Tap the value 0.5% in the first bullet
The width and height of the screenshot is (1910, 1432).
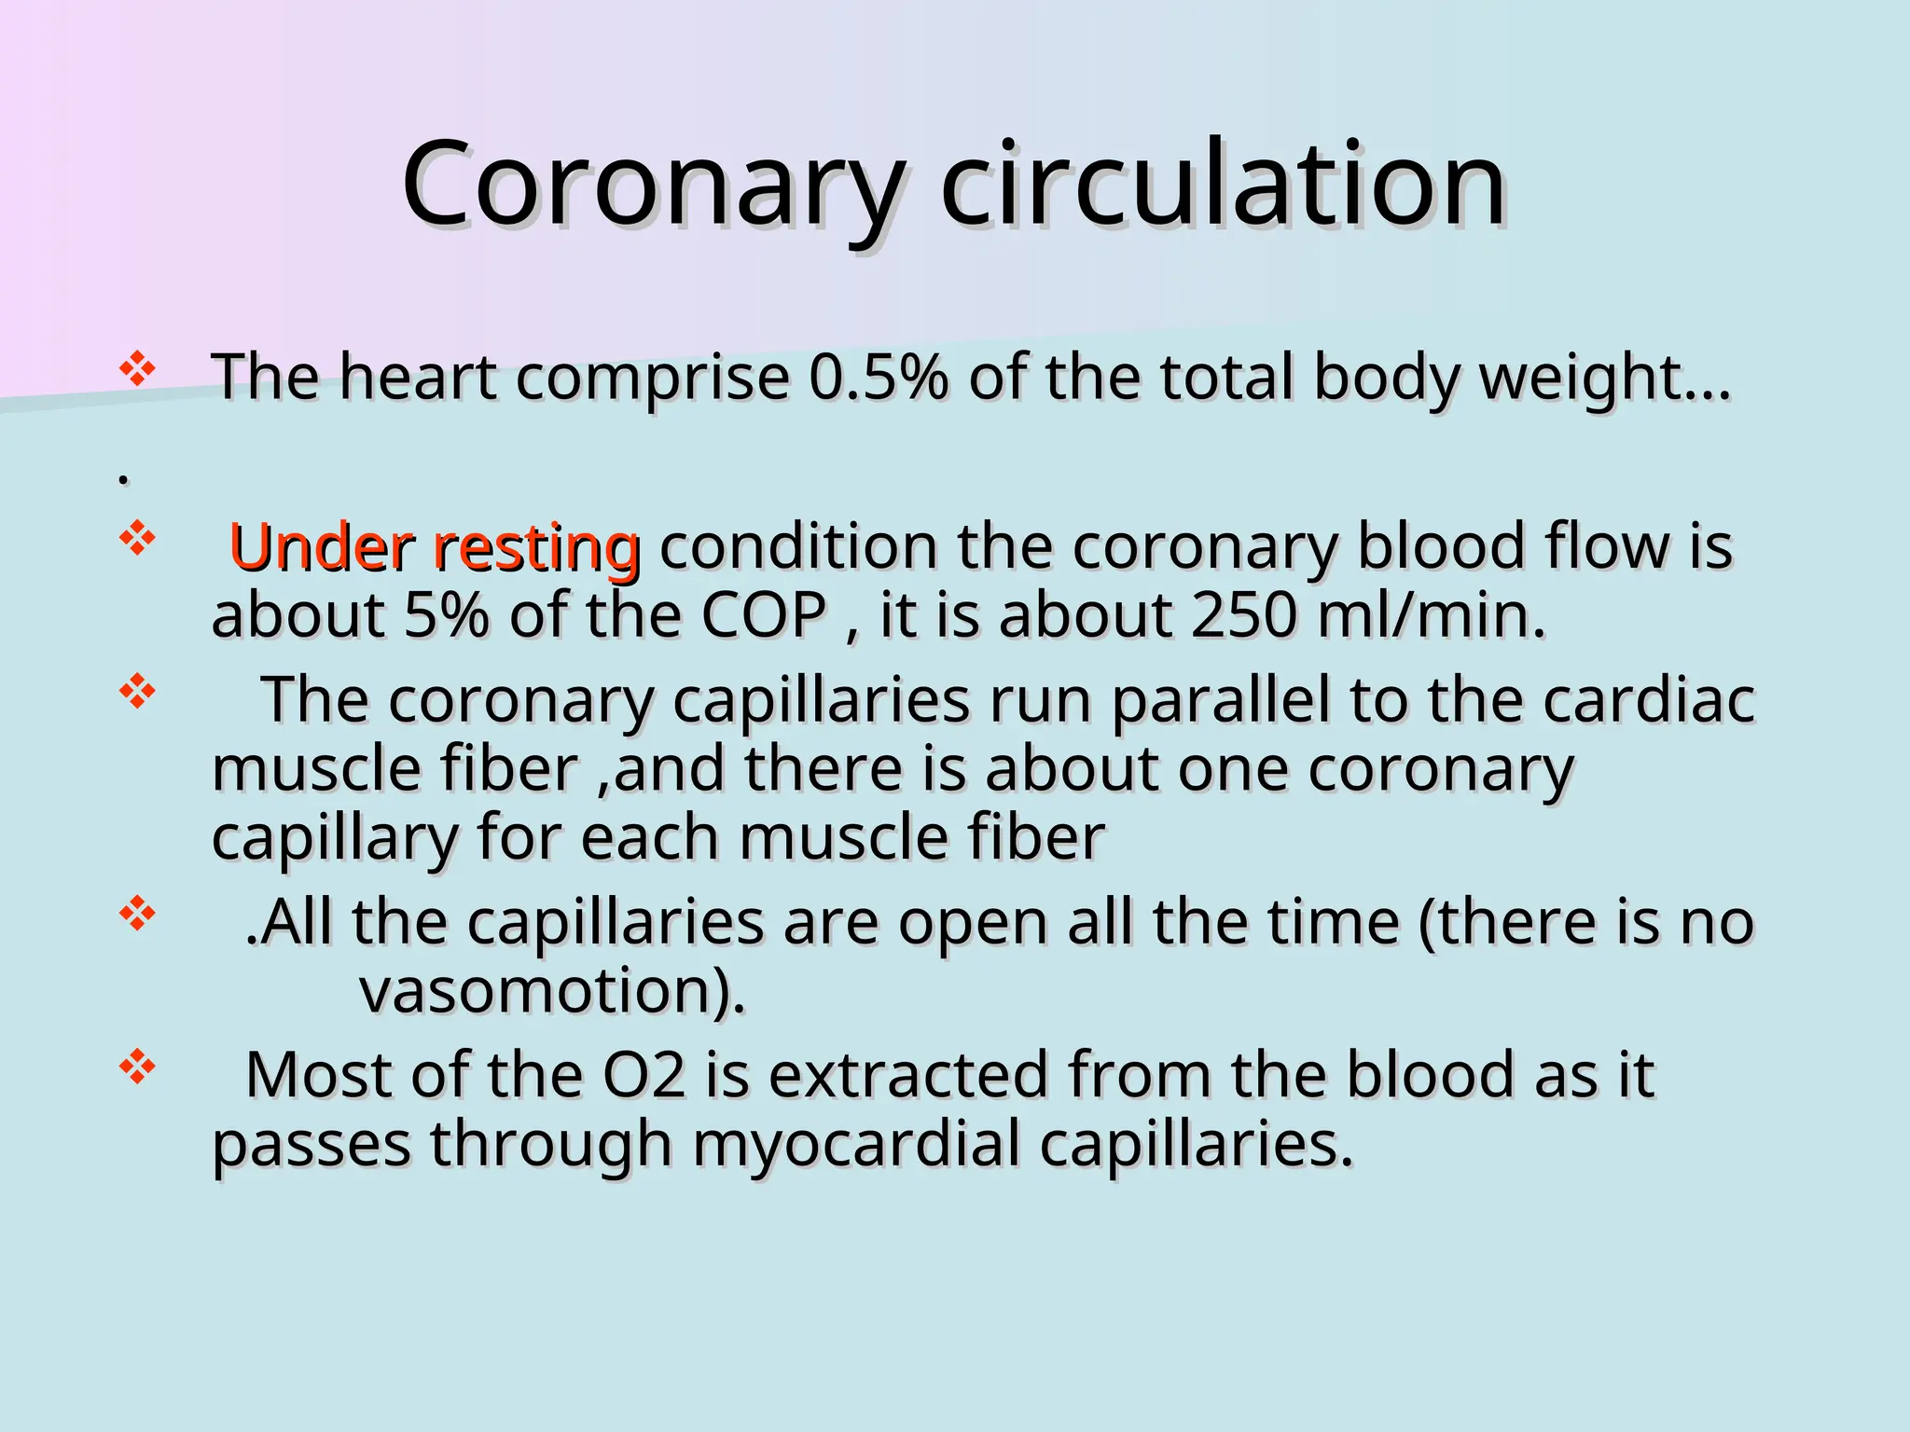[x=878, y=378]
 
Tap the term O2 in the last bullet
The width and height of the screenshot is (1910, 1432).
[x=644, y=1075]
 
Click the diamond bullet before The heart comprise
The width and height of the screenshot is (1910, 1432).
[x=137, y=369]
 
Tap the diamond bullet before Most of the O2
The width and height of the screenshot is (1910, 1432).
[x=137, y=1067]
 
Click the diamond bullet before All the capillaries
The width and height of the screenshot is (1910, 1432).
[x=137, y=914]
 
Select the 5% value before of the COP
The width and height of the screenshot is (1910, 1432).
[x=446, y=615]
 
